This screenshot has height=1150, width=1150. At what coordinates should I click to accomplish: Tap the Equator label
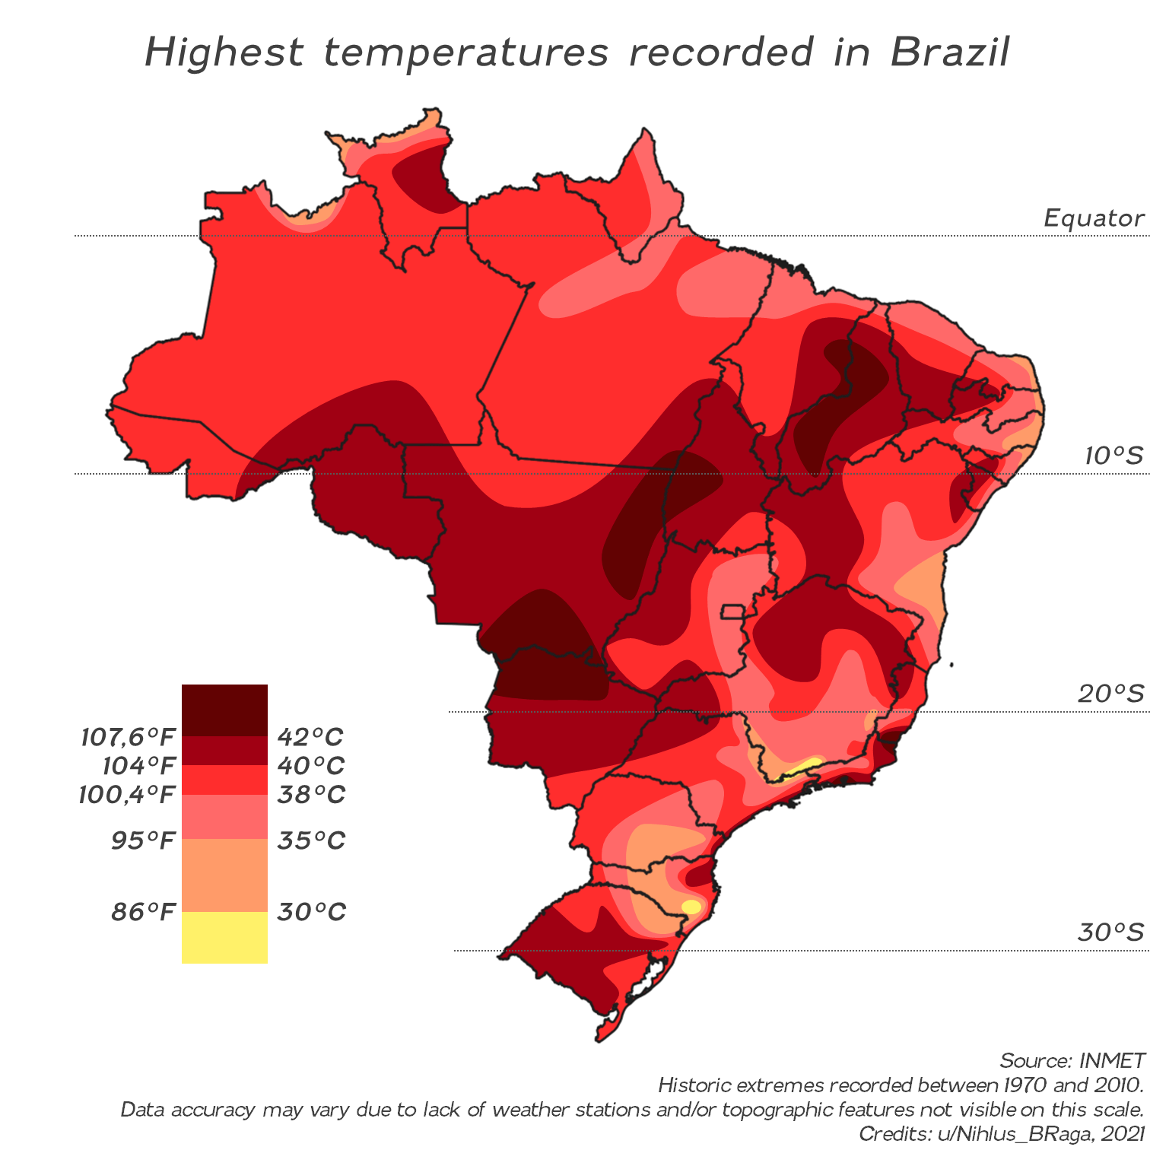coord(1093,218)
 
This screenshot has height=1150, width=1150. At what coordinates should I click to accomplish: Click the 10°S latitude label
coord(1113,456)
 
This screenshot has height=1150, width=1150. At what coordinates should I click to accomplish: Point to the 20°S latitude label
coord(1110,694)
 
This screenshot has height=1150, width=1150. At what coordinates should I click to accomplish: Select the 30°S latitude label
coord(1110,932)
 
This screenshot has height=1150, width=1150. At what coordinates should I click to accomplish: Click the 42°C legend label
coord(310,736)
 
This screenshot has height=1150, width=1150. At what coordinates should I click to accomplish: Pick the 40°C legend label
coord(310,765)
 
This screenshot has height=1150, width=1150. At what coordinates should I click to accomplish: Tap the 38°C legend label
coord(310,795)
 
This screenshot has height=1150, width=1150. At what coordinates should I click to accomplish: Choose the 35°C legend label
coord(310,840)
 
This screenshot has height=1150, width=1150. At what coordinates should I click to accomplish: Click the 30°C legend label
coord(311,911)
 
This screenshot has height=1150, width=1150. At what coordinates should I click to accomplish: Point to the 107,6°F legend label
coord(128,736)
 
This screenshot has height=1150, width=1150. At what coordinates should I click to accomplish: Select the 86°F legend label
coord(143,911)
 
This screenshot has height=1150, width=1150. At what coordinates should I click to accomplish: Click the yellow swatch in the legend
coord(224,938)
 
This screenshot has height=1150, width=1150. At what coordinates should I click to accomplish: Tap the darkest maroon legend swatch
coord(224,710)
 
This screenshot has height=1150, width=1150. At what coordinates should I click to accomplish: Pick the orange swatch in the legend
coord(224,875)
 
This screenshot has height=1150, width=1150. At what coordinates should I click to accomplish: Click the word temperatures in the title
coord(466,52)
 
